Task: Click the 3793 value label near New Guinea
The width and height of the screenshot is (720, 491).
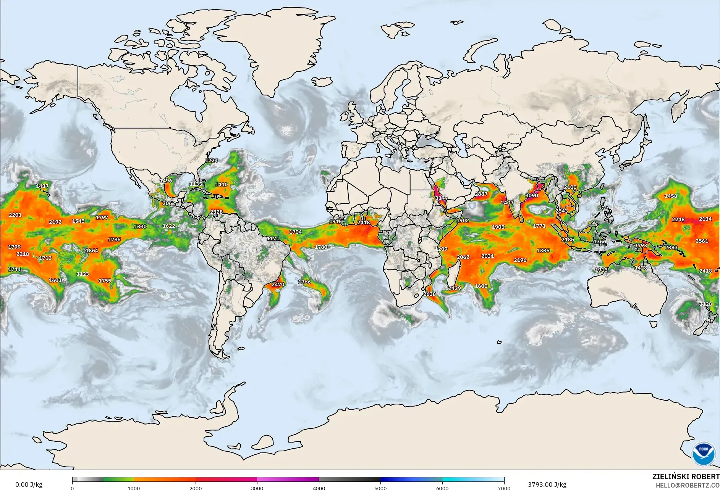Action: point(641,245)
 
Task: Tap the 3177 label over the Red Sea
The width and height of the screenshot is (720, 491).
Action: point(441,198)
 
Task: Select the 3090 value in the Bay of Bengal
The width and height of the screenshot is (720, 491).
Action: point(531,195)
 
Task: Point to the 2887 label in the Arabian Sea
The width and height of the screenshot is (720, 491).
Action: point(481,194)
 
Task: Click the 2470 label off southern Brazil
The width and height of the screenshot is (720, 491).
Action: point(278,284)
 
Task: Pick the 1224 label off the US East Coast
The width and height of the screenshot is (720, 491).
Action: point(211,160)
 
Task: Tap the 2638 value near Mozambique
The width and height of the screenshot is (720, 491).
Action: point(429,294)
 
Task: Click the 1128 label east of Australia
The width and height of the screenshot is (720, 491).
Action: point(705,304)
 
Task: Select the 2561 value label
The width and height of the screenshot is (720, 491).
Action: point(702,241)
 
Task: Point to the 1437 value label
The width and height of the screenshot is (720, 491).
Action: point(42,186)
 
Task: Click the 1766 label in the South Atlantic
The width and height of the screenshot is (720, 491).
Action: point(304,282)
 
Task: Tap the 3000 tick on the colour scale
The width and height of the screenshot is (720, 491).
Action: point(257,488)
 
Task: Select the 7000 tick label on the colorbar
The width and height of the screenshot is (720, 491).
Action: point(504,488)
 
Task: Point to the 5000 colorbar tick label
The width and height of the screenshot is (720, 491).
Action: point(380,488)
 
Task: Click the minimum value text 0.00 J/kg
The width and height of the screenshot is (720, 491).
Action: point(29,485)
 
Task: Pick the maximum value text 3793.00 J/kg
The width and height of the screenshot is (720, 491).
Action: point(547,485)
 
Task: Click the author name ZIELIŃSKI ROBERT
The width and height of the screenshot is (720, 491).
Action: point(686,477)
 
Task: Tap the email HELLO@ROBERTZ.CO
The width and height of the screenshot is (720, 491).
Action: point(688,485)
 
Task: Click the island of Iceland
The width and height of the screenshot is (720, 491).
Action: point(322,81)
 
